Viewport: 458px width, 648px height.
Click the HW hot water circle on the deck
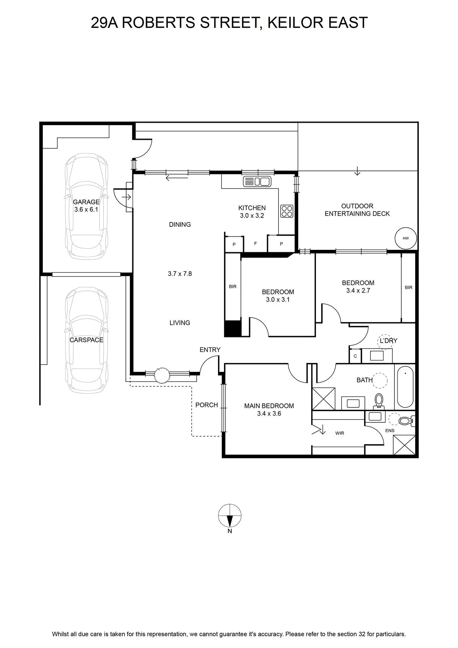406,238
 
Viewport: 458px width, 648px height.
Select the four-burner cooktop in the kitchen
286,211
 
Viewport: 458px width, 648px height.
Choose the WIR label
339,433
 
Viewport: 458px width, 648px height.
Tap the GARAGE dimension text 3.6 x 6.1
86,209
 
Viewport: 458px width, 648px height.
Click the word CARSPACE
87,340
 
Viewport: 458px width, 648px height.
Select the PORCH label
207,405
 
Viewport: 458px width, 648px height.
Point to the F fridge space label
255,243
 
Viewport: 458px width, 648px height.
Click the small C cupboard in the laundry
355,356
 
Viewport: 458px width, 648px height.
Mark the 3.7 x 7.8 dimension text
180,273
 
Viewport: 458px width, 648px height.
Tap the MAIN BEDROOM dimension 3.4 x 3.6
269,414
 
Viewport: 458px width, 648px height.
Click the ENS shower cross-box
404,445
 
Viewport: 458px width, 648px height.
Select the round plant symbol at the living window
162,375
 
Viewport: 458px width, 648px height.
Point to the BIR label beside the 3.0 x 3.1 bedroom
233,286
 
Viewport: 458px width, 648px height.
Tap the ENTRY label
210,350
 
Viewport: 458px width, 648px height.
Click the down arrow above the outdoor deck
357,171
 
